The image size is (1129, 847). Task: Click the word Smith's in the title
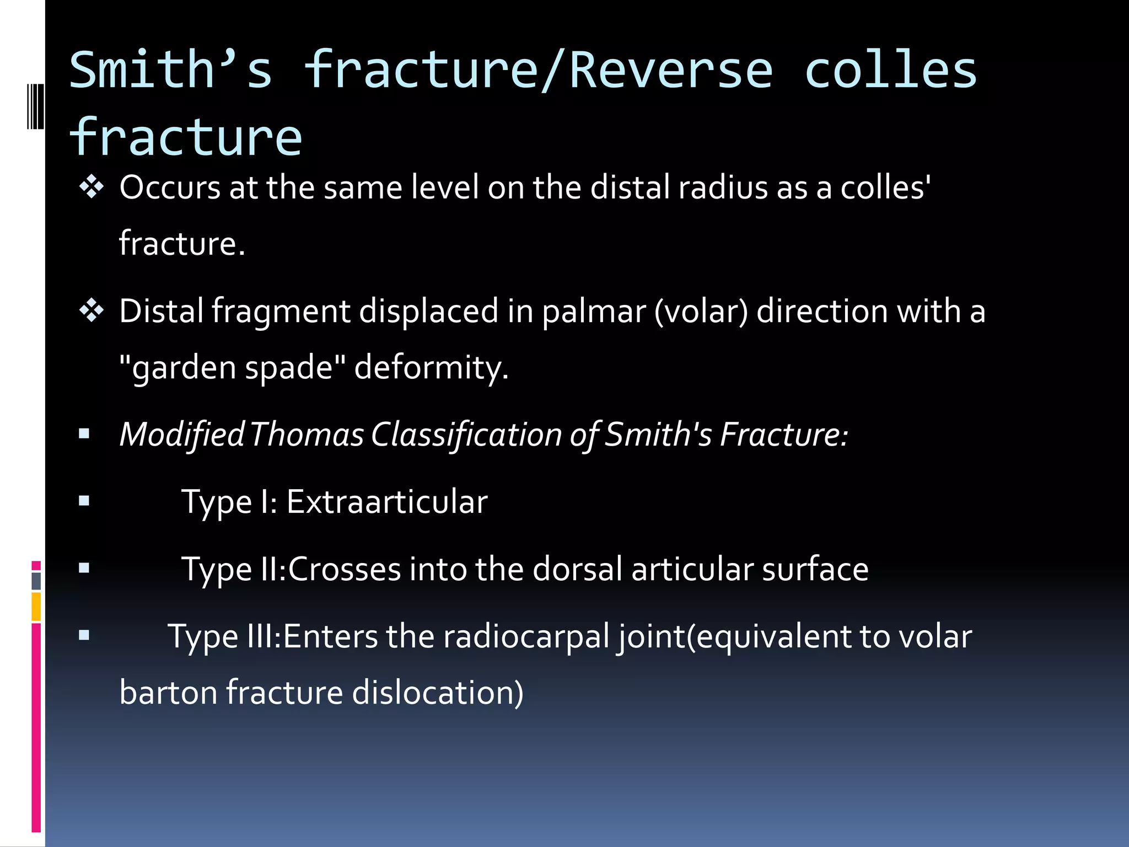tap(171, 70)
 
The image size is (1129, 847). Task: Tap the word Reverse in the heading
tap(671, 70)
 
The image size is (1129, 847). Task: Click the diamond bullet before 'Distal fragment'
tap(91, 311)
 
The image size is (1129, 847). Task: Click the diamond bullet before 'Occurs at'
tap(91, 187)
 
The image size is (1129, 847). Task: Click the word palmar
tap(593, 311)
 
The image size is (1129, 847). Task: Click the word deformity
tap(431, 367)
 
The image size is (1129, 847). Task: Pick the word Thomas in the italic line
tap(307, 435)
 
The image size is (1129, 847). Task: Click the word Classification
tap(466, 435)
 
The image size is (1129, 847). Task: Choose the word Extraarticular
tap(387, 502)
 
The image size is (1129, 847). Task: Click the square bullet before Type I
tap(84, 501)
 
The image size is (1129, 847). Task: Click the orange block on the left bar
tap(36, 607)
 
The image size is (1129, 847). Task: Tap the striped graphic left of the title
tap(35, 106)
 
